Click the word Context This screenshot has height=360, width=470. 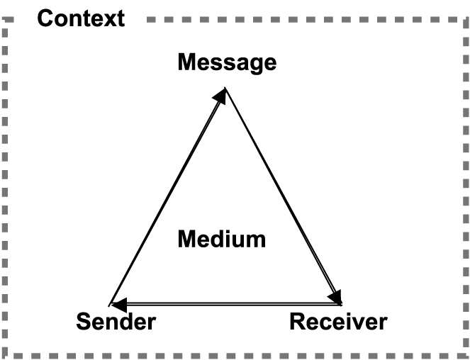click(x=80, y=18)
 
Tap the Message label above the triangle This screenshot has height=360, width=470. click(x=226, y=62)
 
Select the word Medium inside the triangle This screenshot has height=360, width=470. click(x=221, y=239)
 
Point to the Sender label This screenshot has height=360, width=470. click(x=116, y=322)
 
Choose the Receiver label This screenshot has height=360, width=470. click(x=338, y=322)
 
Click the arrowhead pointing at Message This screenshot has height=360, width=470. click(x=220, y=96)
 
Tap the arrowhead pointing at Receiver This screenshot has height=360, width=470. click(x=335, y=297)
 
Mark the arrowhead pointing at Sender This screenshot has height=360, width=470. click(x=120, y=305)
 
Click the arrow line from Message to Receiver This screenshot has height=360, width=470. click(x=282, y=195)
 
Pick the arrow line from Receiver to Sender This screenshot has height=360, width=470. click(x=227, y=304)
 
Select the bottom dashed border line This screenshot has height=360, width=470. click(x=234, y=354)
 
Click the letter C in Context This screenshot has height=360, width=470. click(x=46, y=18)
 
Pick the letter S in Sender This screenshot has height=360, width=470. click(x=84, y=322)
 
